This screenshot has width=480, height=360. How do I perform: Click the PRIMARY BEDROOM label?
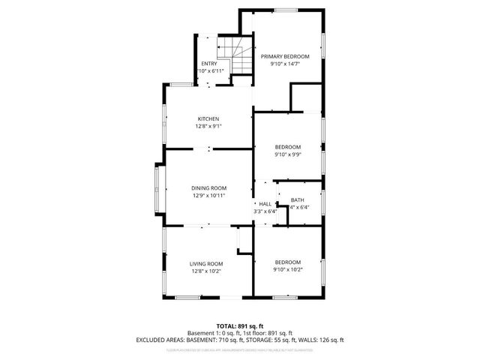point(285,56)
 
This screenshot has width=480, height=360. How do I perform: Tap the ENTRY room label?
point(209,63)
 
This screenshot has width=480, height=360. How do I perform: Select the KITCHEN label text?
point(208,119)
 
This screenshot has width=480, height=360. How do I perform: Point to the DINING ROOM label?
point(208,187)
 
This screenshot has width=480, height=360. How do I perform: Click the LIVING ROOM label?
point(205,263)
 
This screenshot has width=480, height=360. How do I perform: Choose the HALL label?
point(265,203)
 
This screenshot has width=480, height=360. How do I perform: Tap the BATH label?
point(298,199)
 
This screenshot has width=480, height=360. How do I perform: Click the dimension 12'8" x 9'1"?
point(208,127)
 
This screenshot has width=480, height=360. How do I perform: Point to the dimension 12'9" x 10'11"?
point(208,195)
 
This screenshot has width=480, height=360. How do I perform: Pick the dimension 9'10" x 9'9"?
point(287,154)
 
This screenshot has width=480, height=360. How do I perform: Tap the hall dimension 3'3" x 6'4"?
point(265,211)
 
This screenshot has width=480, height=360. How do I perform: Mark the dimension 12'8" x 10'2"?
point(205,271)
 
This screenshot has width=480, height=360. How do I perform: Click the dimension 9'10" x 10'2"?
point(287,269)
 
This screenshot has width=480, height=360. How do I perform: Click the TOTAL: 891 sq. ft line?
point(239,325)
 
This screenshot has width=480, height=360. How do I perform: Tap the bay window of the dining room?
point(157,187)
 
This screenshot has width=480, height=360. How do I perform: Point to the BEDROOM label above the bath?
point(287,146)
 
